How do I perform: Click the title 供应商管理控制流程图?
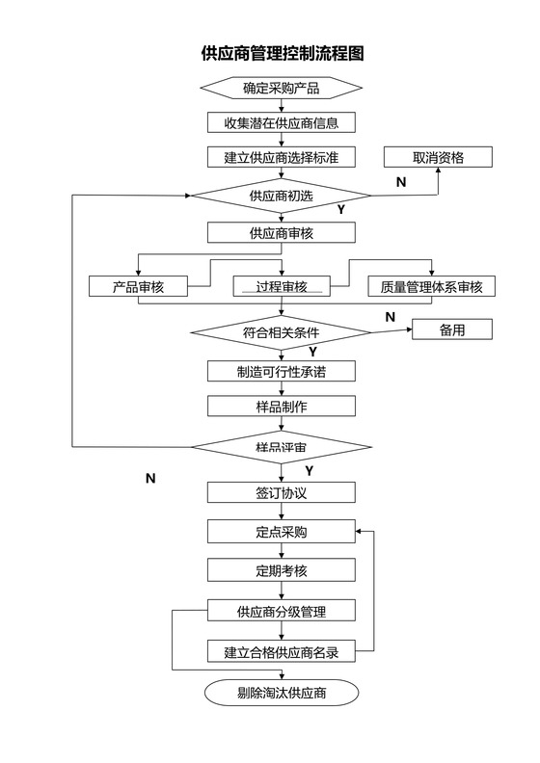pos(282,53)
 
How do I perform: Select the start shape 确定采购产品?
pos(281,89)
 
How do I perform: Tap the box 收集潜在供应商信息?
pos(281,122)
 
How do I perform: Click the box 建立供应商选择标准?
pos(281,157)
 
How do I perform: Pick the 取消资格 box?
pos(438,157)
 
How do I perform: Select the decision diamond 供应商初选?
pos(281,196)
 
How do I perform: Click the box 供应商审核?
pos(281,232)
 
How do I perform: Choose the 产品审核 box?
pos(138,286)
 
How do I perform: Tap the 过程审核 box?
pos(281,286)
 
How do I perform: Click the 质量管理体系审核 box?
pos(431,286)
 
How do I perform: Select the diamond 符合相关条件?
pos(281,332)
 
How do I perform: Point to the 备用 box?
pos(452,329)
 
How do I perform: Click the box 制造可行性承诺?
pos(281,371)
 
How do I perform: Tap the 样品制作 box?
pos(281,407)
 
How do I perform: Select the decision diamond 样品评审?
pos(281,447)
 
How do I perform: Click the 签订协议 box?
pos(281,492)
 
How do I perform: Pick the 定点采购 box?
pos(281,532)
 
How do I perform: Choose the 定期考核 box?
pos(281,570)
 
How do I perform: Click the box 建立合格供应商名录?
pos(281,652)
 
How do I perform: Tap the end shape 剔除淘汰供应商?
pos(281,693)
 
